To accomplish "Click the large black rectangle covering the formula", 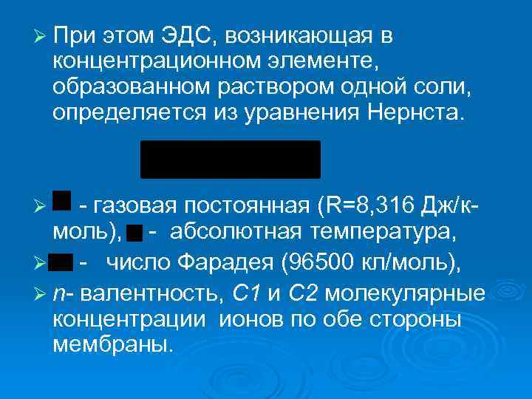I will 231,160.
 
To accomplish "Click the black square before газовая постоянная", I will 63,200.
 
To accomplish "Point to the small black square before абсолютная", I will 134,234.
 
